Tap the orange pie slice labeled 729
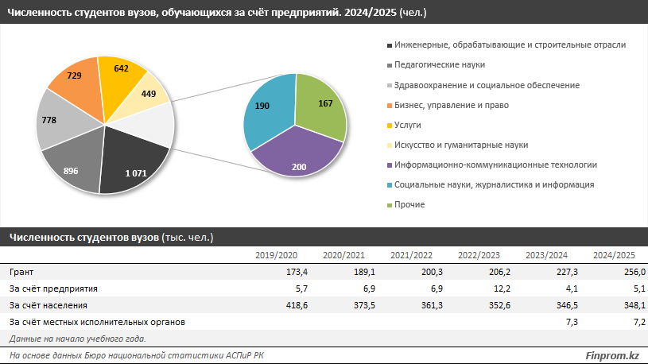(76, 79)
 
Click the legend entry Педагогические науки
(437, 64)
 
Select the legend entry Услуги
(407, 125)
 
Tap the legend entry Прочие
(409, 204)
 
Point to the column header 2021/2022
(411, 255)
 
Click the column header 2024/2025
(614, 255)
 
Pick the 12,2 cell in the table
(489, 288)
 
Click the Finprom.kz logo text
(611, 354)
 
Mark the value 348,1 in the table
(623, 305)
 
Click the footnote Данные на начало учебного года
(77, 339)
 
